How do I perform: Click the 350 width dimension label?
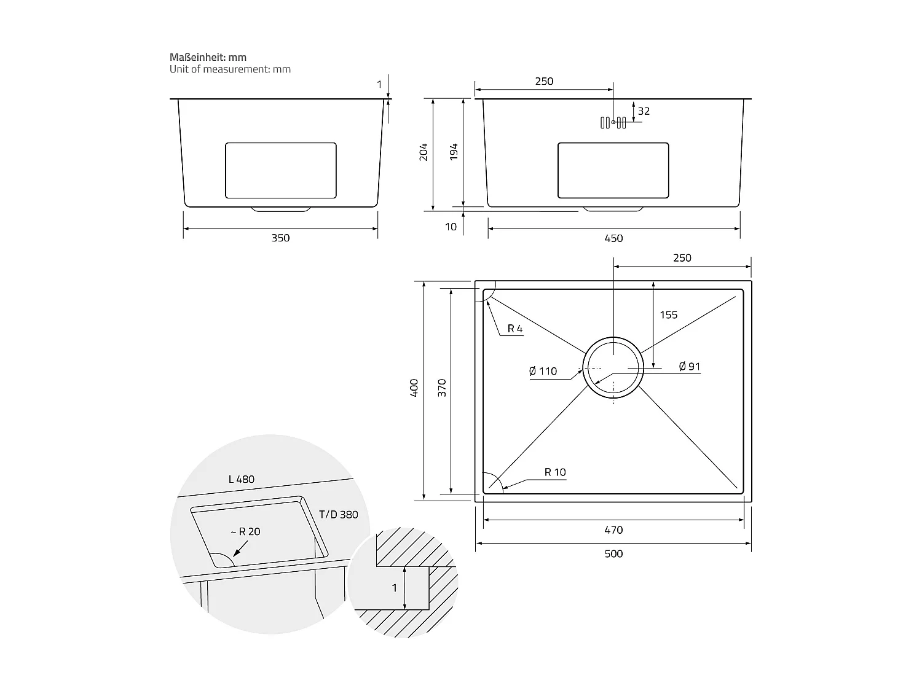click(280, 238)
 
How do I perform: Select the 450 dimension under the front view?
click(613, 238)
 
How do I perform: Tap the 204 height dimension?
click(424, 152)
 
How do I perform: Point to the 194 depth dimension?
click(454, 152)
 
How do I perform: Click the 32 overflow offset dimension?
click(644, 111)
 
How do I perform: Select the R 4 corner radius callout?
click(515, 329)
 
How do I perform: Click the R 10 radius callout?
click(554, 472)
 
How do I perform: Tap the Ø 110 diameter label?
click(543, 371)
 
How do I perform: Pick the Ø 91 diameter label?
click(690, 367)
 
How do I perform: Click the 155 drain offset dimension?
click(668, 315)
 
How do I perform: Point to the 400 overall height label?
click(414, 388)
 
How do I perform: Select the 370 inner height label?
click(442, 388)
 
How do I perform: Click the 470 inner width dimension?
click(613, 530)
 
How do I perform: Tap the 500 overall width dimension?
click(613, 553)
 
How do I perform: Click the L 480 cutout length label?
click(241, 479)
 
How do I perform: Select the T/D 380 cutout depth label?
click(338, 515)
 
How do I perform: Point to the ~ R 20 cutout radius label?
click(245, 531)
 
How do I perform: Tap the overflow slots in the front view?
click(613, 122)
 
